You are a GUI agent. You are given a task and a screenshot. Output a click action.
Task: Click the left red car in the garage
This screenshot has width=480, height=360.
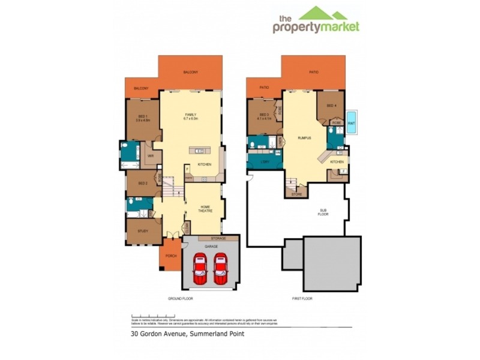click(200, 269)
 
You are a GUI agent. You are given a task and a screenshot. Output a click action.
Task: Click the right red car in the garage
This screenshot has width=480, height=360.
click(221, 269)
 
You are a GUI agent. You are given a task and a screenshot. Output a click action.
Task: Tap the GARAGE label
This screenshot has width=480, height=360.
click(210, 246)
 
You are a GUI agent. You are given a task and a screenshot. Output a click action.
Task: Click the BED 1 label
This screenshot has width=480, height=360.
click(142, 117)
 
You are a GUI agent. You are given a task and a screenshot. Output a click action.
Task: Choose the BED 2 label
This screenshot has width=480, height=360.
click(143, 182)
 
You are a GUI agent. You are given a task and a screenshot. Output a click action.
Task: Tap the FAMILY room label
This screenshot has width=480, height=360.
click(191, 116)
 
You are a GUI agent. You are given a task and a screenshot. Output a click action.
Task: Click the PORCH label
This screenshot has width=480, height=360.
click(170, 261)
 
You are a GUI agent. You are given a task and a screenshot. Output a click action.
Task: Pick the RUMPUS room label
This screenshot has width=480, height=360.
click(304, 138)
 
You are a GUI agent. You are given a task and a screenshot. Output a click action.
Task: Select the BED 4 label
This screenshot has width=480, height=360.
click(331, 106)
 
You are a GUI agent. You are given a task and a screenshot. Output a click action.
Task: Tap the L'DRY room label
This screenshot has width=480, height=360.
click(264, 162)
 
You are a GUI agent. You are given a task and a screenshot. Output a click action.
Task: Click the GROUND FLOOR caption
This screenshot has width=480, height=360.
click(181, 298)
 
